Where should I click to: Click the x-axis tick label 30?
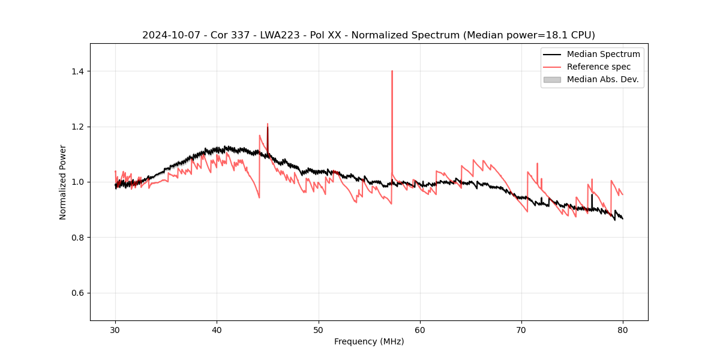click(115, 330)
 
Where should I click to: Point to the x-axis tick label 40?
click(217, 330)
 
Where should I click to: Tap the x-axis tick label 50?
click(319, 330)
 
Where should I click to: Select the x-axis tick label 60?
click(420, 330)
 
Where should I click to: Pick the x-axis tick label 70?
click(521, 330)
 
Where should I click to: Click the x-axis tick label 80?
click(623, 330)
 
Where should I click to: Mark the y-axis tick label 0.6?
click(77, 293)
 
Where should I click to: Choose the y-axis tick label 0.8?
click(77, 238)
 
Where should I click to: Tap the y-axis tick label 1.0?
click(77, 182)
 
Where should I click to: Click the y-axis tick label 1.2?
click(77, 127)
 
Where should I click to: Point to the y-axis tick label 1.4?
click(77, 71)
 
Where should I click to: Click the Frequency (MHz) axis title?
click(369, 341)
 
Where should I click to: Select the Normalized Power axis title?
click(63, 182)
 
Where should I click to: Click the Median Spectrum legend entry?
click(603, 54)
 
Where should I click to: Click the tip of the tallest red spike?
click(392, 71)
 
